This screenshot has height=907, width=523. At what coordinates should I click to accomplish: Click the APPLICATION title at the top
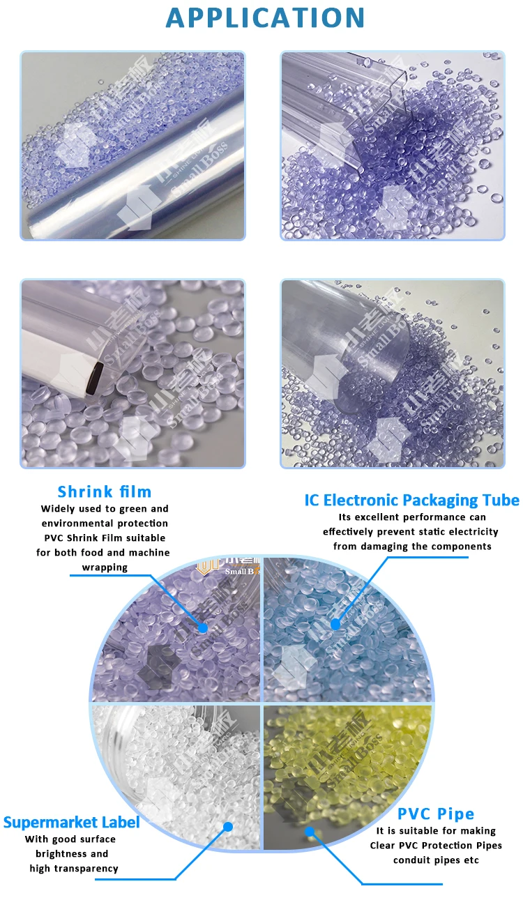(265, 18)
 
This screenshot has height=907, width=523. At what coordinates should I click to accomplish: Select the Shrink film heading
(105, 492)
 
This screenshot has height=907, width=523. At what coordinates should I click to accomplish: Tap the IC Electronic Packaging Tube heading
(411, 500)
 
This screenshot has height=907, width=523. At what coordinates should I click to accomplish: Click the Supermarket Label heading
(71, 822)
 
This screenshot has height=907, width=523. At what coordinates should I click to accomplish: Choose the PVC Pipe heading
(436, 814)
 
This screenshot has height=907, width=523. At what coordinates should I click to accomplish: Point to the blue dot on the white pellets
(227, 827)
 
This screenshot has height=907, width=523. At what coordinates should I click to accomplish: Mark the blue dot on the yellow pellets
(310, 831)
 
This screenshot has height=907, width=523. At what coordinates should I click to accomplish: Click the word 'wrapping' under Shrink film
(105, 567)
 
